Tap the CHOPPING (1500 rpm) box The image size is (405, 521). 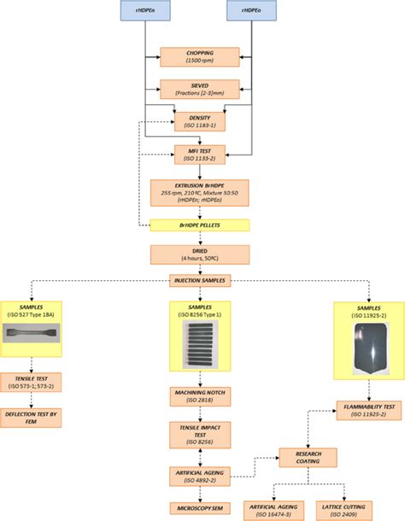(200, 57)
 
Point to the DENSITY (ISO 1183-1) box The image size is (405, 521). (200, 121)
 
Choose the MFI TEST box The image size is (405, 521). (200, 154)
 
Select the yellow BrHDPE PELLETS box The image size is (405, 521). (200, 225)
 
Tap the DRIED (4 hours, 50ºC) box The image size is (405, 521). (200, 255)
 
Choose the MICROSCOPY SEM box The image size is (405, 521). (199, 507)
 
